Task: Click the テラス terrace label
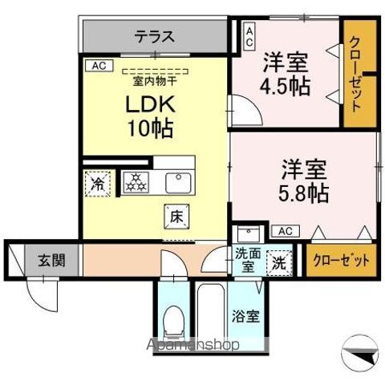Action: [154, 36]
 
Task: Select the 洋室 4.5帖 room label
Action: [286, 74]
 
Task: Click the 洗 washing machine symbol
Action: [278, 261]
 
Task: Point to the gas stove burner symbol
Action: [135, 182]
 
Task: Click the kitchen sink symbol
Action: [178, 182]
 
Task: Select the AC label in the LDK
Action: [98, 66]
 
